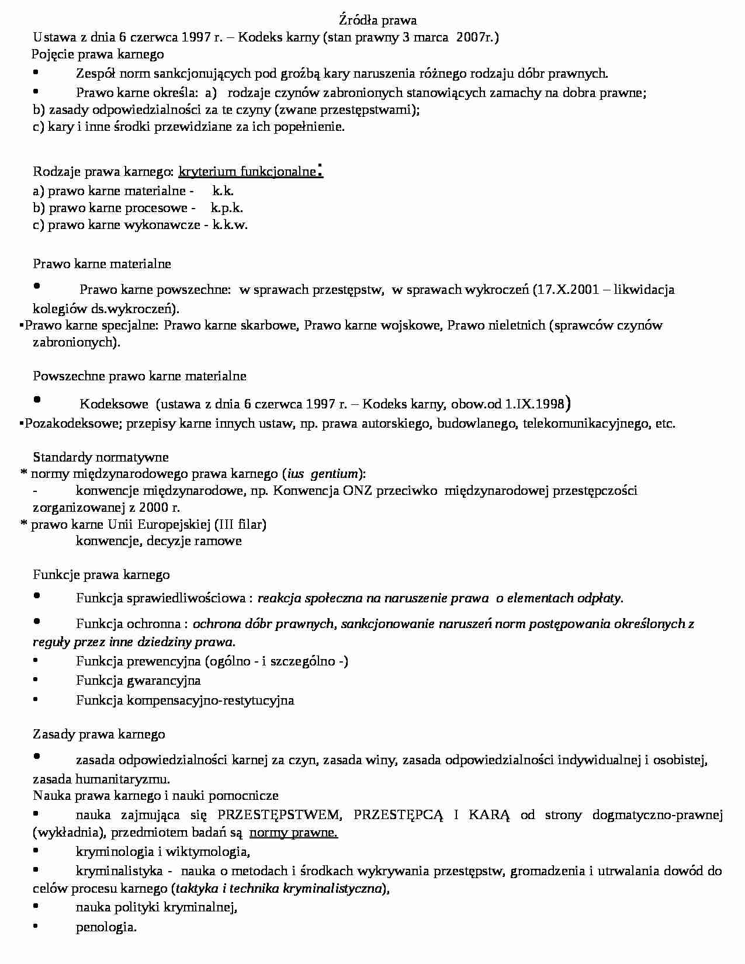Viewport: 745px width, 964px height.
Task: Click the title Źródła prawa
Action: (x=377, y=20)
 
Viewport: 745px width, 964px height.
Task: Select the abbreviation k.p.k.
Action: (x=227, y=208)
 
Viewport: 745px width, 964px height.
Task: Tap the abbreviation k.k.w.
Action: (x=230, y=225)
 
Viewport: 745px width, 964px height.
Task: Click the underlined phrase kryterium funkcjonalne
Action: (x=247, y=172)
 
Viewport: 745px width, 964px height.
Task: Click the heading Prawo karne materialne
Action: (x=102, y=264)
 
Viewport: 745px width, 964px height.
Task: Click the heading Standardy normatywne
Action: (x=101, y=457)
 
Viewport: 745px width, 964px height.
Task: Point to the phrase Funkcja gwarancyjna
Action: (x=138, y=681)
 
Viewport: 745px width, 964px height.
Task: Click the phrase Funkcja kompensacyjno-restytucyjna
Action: (x=185, y=701)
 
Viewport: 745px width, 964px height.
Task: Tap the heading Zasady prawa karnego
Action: (x=99, y=734)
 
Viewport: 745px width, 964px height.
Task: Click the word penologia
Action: (x=106, y=927)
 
